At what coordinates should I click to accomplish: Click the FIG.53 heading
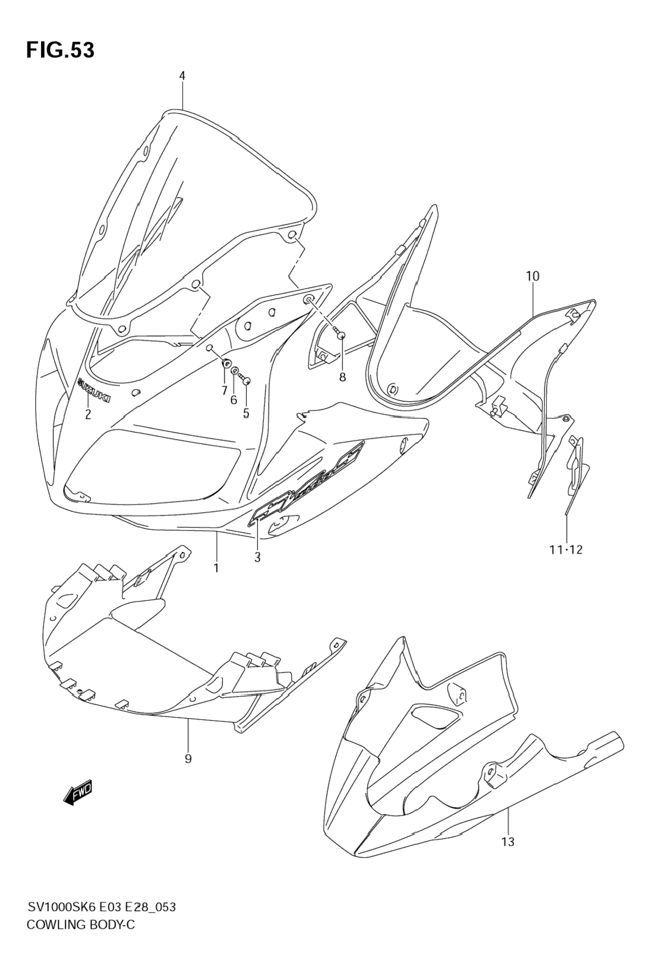(x=60, y=50)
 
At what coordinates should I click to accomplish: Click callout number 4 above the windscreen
(x=182, y=76)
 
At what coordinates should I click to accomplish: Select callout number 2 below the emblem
(x=87, y=414)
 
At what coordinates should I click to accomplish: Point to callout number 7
(x=224, y=391)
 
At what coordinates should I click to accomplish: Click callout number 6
(x=234, y=399)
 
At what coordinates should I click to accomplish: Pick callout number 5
(x=246, y=413)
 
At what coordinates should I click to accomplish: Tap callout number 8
(x=342, y=377)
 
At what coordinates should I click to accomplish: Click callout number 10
(x=532, y=277)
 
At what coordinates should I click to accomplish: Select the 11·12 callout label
(x=566, y=549)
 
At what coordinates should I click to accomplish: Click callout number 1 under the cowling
(x=216, y=568)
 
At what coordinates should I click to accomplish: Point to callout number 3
(x=258, y=558)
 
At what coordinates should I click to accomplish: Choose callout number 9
(x=188, y=758)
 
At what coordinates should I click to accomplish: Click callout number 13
(x=508, y=841)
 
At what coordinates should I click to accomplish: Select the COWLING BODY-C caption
(x=80, y=925)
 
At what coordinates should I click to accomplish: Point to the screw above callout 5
(x=246, y=381)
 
